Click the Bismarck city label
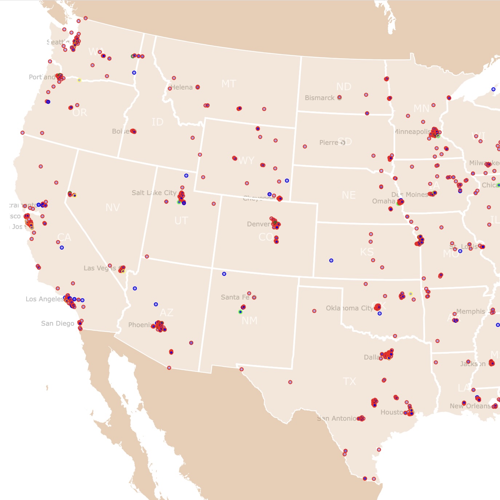coord(320,98)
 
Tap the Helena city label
coord(182,87)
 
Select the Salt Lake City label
coord(154,193)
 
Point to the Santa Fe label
coord(235,297)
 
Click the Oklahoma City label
coord(349,308)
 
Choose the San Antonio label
coord(337,418)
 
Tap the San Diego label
coord(57,324)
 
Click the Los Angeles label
coord(45,299)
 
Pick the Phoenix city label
coord(140,325)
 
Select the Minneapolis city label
coord(413,132)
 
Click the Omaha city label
coord(384,201)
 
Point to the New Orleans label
coord(470,406)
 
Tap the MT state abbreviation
coord(229,84)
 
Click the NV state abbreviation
coord(112,208)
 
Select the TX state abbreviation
coord(349,381)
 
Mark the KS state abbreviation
coord(366,252)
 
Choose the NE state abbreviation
coord(349,195)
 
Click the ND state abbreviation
coord(344,87)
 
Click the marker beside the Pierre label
coord(343,143)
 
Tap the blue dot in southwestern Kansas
coord(331,261)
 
